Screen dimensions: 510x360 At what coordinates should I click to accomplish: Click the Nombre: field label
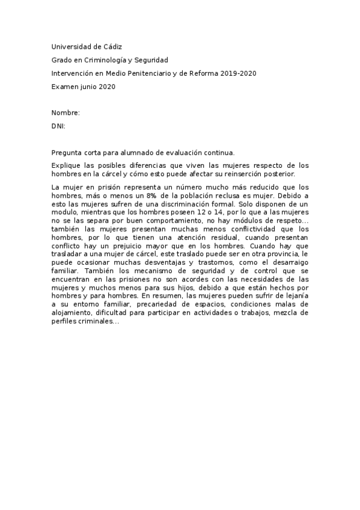(x=66, y=113)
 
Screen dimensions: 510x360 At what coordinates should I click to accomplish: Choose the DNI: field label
(x=58, y=126)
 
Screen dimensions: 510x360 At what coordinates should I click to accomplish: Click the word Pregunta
(x=68, y=153)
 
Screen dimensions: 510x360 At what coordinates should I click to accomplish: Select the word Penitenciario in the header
(x=152, y=73)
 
